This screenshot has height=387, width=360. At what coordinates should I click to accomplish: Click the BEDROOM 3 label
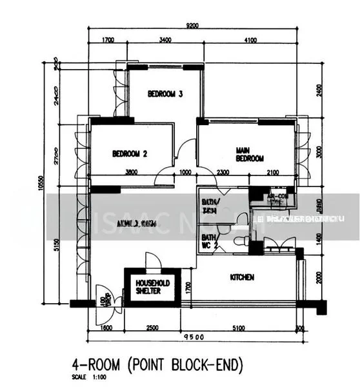click(165, 94)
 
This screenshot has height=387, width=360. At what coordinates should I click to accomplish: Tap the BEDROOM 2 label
click(130, 154)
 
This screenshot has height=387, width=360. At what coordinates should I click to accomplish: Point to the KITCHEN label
click(242, 277)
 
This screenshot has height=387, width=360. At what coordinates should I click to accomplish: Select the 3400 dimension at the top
click(165, 40)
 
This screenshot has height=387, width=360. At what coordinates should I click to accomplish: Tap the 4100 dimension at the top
click(250, 40)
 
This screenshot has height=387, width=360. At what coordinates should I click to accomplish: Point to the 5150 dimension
click(57, 245)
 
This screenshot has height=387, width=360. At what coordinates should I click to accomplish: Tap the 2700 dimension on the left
click(57, 155)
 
